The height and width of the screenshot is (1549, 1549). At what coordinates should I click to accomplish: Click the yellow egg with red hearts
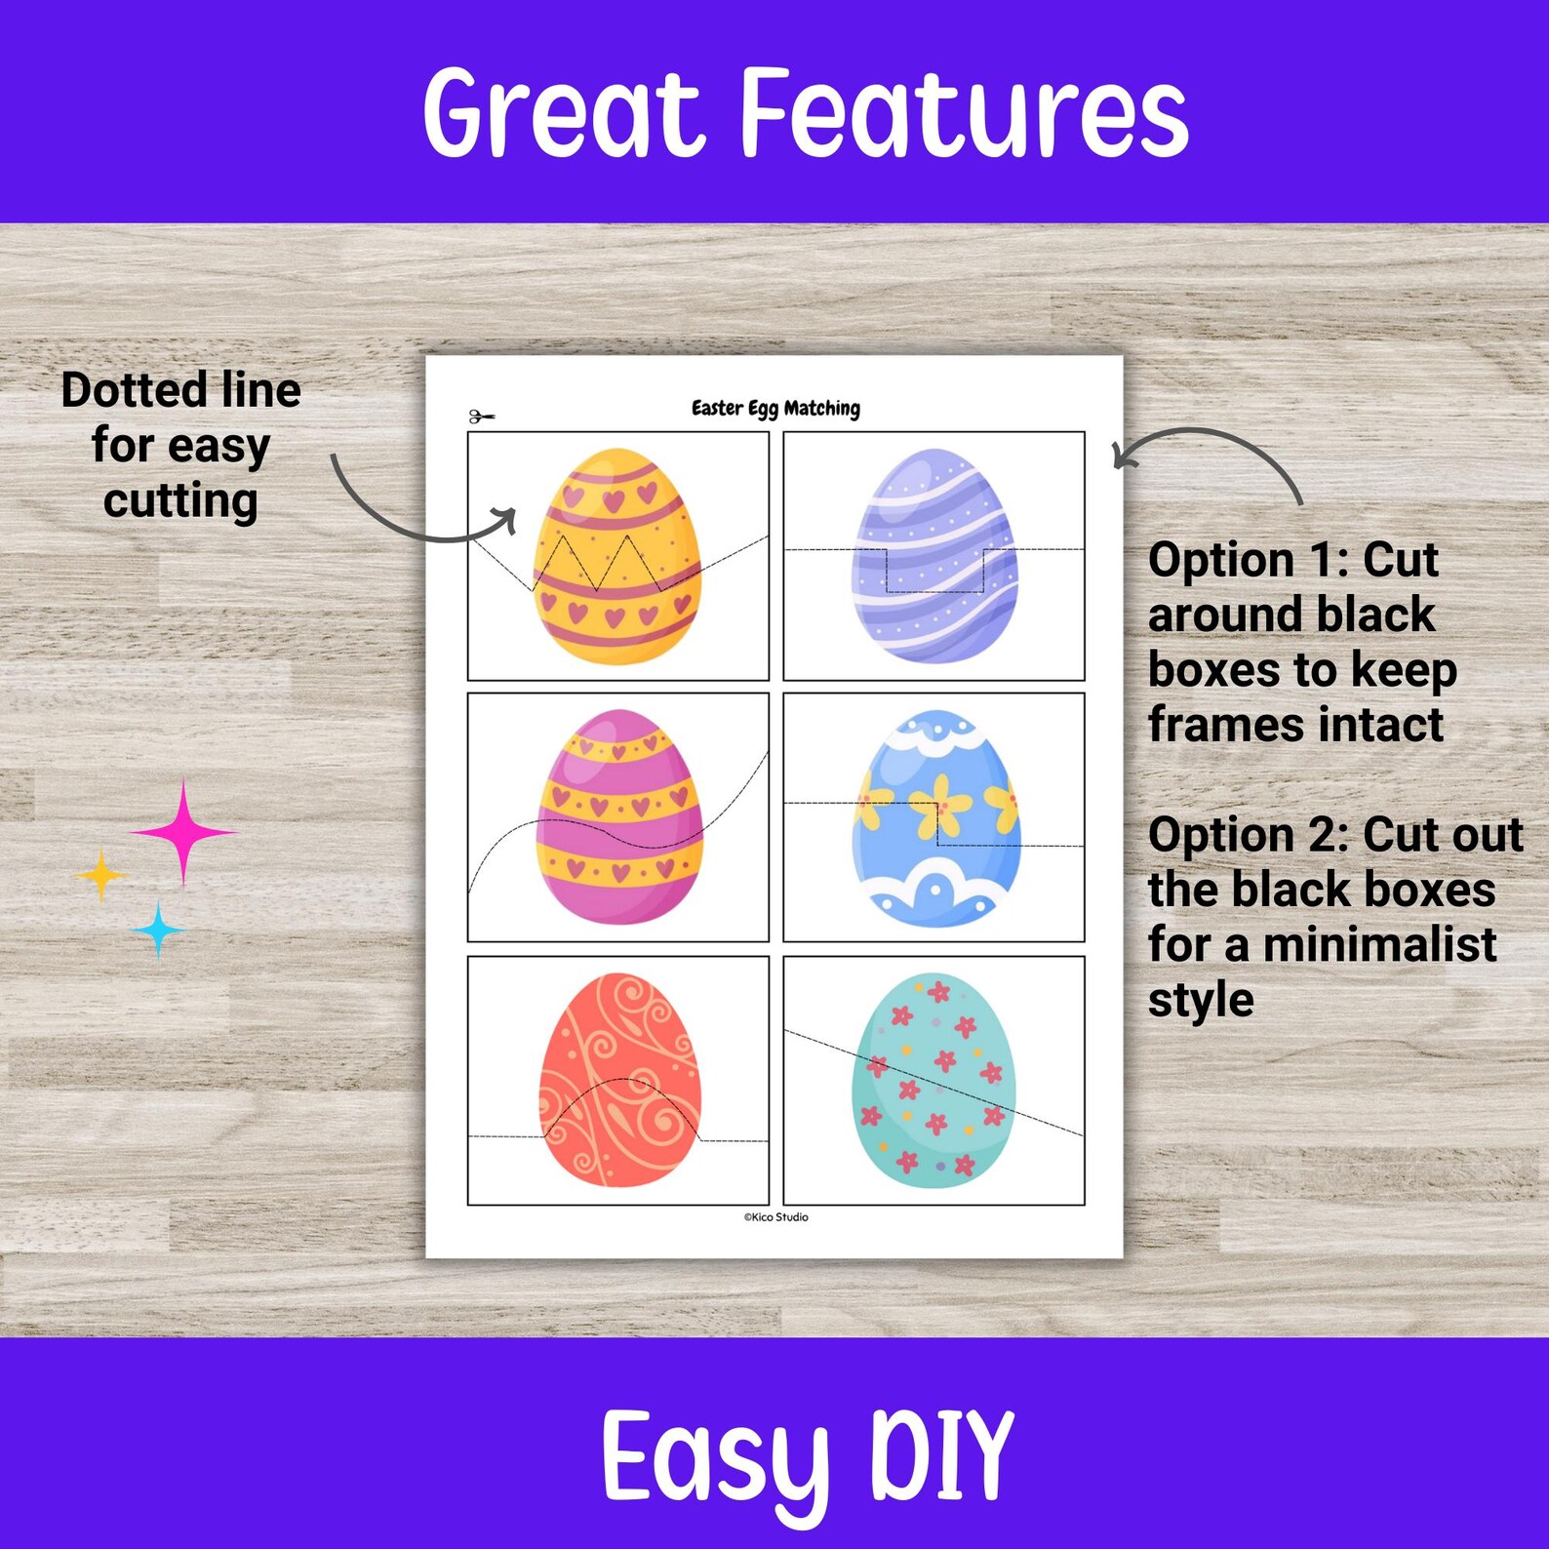(616, 555)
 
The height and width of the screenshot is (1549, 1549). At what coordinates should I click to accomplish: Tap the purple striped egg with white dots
(933, 555)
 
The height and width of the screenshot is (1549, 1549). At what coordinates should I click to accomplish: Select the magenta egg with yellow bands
(618, 816)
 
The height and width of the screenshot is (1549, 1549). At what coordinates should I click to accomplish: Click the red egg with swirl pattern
(619, 1080)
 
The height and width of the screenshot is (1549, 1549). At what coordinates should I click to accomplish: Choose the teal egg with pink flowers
(933, 1080)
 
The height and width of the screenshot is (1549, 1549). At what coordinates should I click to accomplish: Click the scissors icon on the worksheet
(481, 417)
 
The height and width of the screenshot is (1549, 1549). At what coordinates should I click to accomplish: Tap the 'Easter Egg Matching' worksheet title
(775, 409)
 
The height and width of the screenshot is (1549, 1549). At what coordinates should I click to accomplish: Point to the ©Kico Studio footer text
(775, 1217)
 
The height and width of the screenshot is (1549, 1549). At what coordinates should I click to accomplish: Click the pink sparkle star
(183, 832)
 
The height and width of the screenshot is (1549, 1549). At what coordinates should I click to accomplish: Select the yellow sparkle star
(101, 875)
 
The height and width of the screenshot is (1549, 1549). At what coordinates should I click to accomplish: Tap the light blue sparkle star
(158, 930)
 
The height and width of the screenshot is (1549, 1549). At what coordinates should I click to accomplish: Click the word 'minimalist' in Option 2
(1378, 944)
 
